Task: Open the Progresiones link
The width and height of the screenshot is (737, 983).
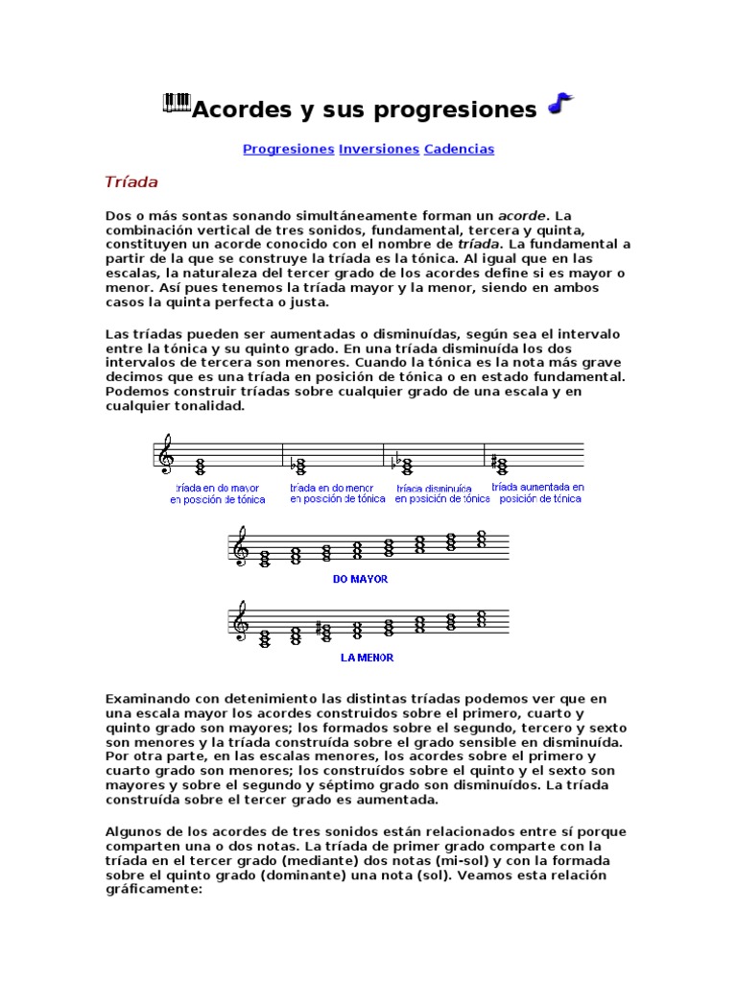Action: [288, 150]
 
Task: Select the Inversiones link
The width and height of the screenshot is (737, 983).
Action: [379, 150]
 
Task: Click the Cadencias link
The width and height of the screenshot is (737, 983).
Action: [459, 150]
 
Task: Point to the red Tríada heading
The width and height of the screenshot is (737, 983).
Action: [131, 181]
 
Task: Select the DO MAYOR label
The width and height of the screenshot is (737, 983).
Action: [360, 580]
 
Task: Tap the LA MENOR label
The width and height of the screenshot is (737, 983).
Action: [367, 659]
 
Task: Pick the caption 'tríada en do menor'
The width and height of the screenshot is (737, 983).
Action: [332, 493]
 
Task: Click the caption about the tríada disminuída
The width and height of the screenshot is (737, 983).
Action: [442, 493]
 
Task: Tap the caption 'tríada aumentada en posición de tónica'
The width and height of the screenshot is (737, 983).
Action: [537, 493]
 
